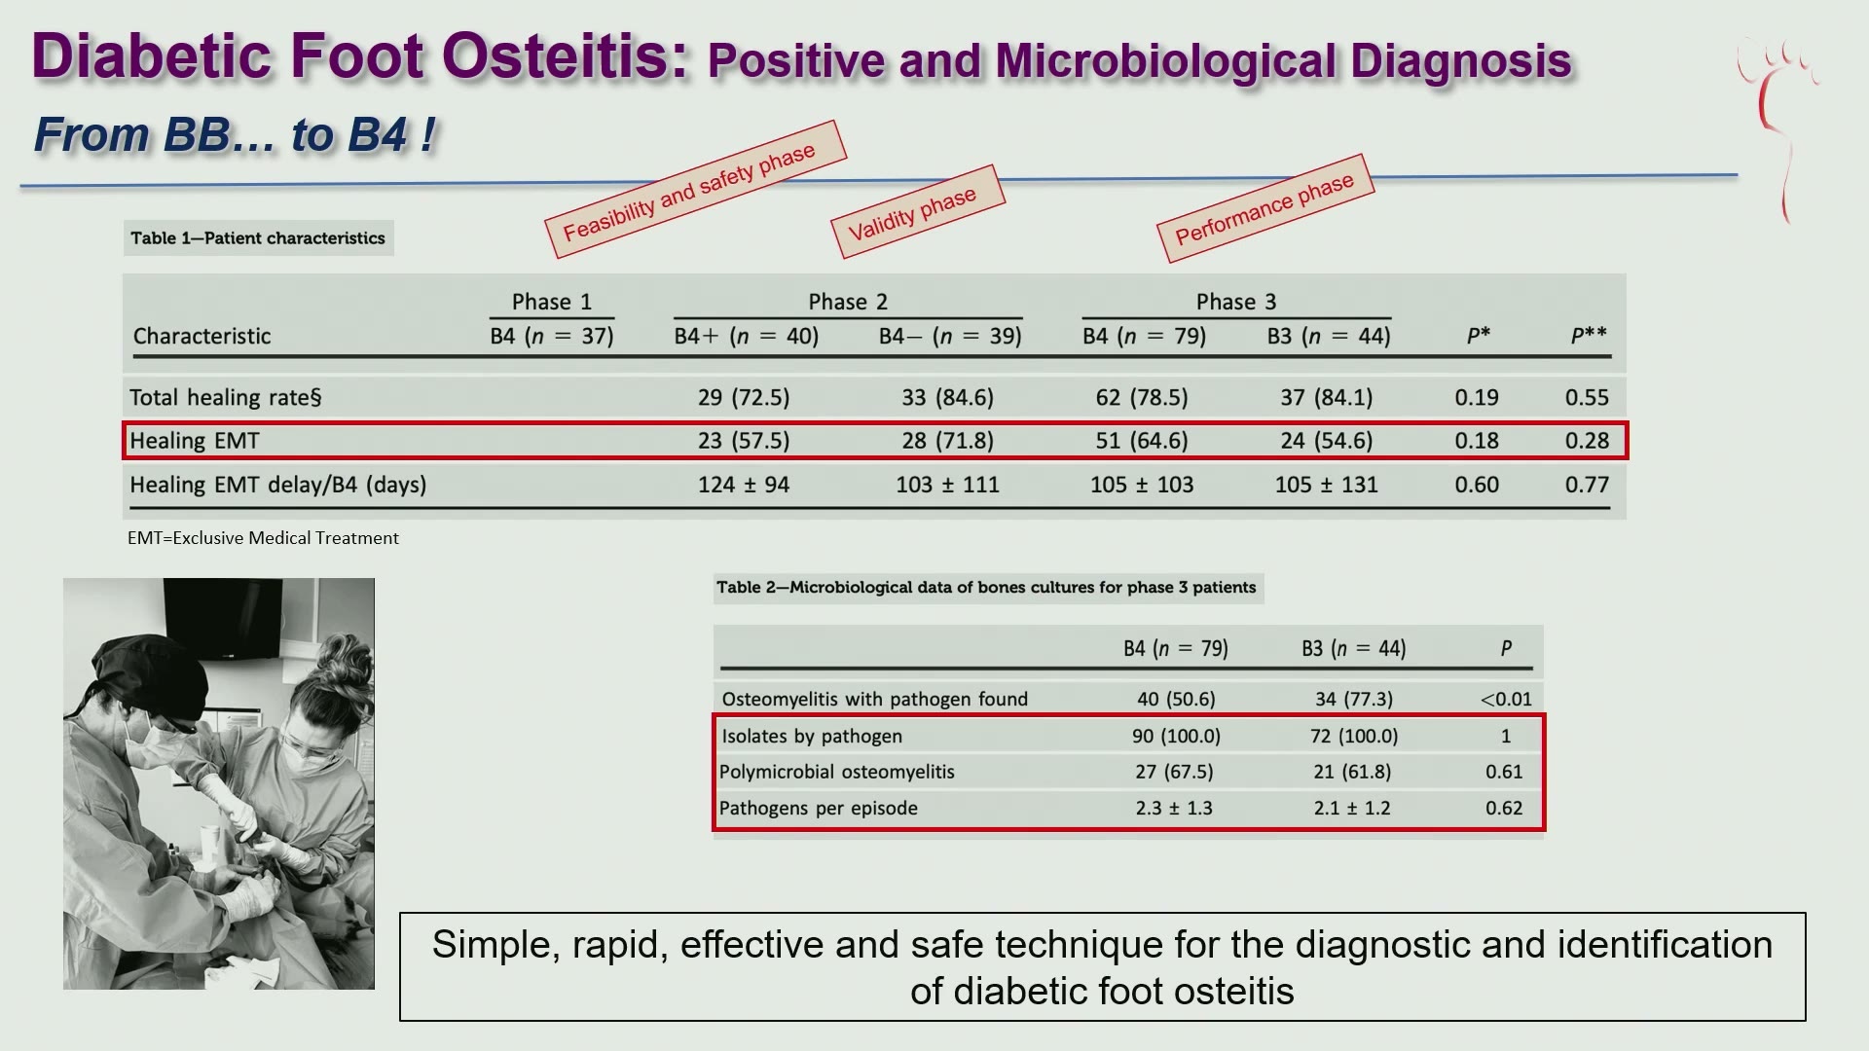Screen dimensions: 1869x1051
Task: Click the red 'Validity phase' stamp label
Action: click(917, 211)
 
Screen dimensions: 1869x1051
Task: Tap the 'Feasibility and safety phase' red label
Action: click(695, 189)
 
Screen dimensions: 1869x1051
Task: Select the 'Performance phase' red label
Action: click(1264, 207)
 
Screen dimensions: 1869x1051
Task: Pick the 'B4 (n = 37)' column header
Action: click(552, 337)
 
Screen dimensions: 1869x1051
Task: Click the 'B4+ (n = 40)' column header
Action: click(747, 337)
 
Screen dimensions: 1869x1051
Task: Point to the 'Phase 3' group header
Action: click(1236, 302)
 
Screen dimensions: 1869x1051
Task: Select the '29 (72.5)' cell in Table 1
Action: click(744, 398)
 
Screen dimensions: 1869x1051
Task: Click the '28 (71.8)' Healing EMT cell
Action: click(947, 441)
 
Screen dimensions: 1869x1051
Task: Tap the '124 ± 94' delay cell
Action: click(744, 485)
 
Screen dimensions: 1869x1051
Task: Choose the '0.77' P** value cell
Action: click(1587, 485)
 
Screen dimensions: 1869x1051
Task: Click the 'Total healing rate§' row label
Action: click(225, 398)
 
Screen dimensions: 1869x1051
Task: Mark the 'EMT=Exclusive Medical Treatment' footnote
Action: click(263, 538)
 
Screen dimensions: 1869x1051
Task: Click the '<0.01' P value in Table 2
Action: click(1505, 699)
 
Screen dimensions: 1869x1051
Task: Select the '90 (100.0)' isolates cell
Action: click(1176, 737)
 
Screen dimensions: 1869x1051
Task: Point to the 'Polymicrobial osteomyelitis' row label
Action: click(837, 772)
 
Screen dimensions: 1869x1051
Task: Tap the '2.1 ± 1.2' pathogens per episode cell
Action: click(1351, 808)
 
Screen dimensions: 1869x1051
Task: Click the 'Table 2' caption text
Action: click(986, 588)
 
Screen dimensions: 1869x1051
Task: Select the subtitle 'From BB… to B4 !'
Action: click(235, 134)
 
